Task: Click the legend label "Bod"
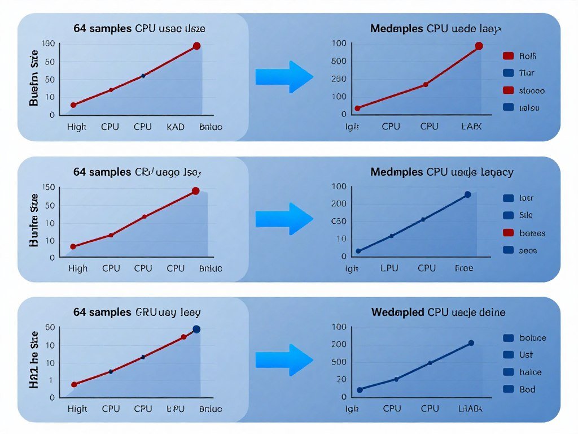pyautogui.click(x=527, y=389)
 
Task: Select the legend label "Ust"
pyautogui.click(x=526, y=355)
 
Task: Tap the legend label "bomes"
pyautogui.click(x=532, y=233)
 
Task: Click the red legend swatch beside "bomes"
pyautogui.click(x=508, y=233)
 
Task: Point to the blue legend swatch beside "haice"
pyautogui.click(x=508, y=372)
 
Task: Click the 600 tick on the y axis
pyautogui.click(x=338, y=61)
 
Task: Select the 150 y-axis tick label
pyautogui.click(x=49, y=188)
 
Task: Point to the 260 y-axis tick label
pyautogui.click(x=338, y=79)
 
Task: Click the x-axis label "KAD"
pyautogui.click(x=176, y=127)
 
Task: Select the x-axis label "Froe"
pyautogui.click(x=464, y=268)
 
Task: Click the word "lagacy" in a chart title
pyautogui.click(x=495, y=172)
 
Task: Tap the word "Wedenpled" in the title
pyautogui.click(x=397, y=312)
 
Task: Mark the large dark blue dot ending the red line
pyautogui.click(x=196, y=329)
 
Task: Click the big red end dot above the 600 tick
pyautogui.click(x=479, y=46)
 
